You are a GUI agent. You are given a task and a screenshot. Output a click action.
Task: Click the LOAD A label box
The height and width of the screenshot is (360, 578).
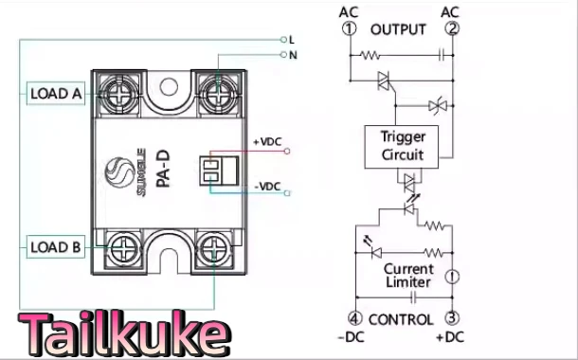pyautogui.click(x=55, y=94)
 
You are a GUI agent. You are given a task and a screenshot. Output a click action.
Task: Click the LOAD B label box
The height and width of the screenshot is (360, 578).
pyautogui.click(x=55, y=248)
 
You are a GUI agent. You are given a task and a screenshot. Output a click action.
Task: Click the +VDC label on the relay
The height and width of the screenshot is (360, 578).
pyautogui.click(x=267, y=142)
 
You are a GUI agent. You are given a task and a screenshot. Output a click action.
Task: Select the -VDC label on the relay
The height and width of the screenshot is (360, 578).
pyautogui.click(x=267, y=187)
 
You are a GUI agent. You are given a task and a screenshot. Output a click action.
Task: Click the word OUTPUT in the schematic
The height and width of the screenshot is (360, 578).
pyautogui.click(x=398, y=29)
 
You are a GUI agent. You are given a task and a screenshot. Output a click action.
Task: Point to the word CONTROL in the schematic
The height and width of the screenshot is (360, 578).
pyautogui.click(x=400, y=319)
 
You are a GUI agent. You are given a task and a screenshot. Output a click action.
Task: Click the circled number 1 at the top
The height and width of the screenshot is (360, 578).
pyautogui.click(x=349, y=29)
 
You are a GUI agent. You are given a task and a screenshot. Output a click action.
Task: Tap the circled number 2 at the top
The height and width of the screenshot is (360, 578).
pyautogui.click(x=452, y=29)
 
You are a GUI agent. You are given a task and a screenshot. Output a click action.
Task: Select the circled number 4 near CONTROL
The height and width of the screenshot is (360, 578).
pyautogui.click(x=353, y=319)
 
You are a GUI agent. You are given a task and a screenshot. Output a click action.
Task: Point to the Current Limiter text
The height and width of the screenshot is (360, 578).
pyautogui.click(x=408, y=276)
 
